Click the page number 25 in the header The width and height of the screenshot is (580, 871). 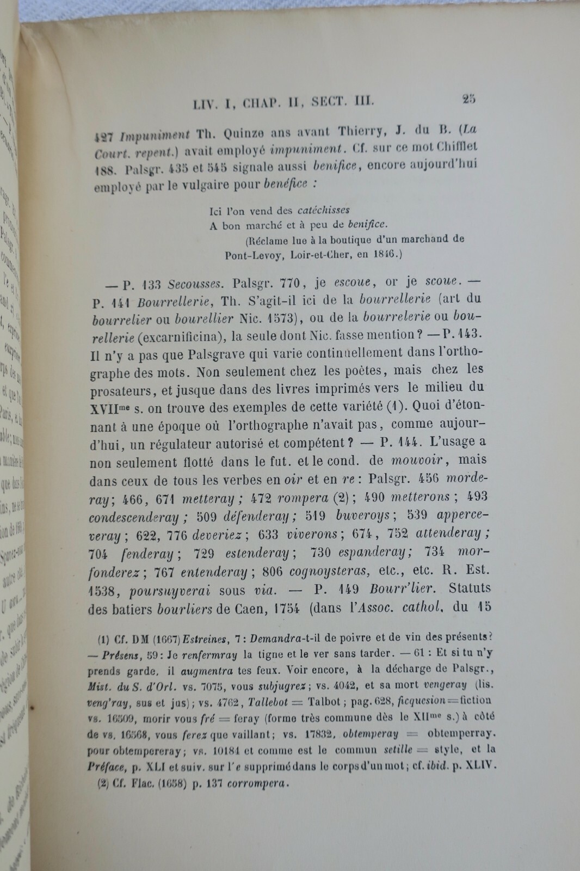coord(468,99)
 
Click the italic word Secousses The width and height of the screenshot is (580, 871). coord(195,284)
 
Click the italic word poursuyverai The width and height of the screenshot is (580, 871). coord(171,590)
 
